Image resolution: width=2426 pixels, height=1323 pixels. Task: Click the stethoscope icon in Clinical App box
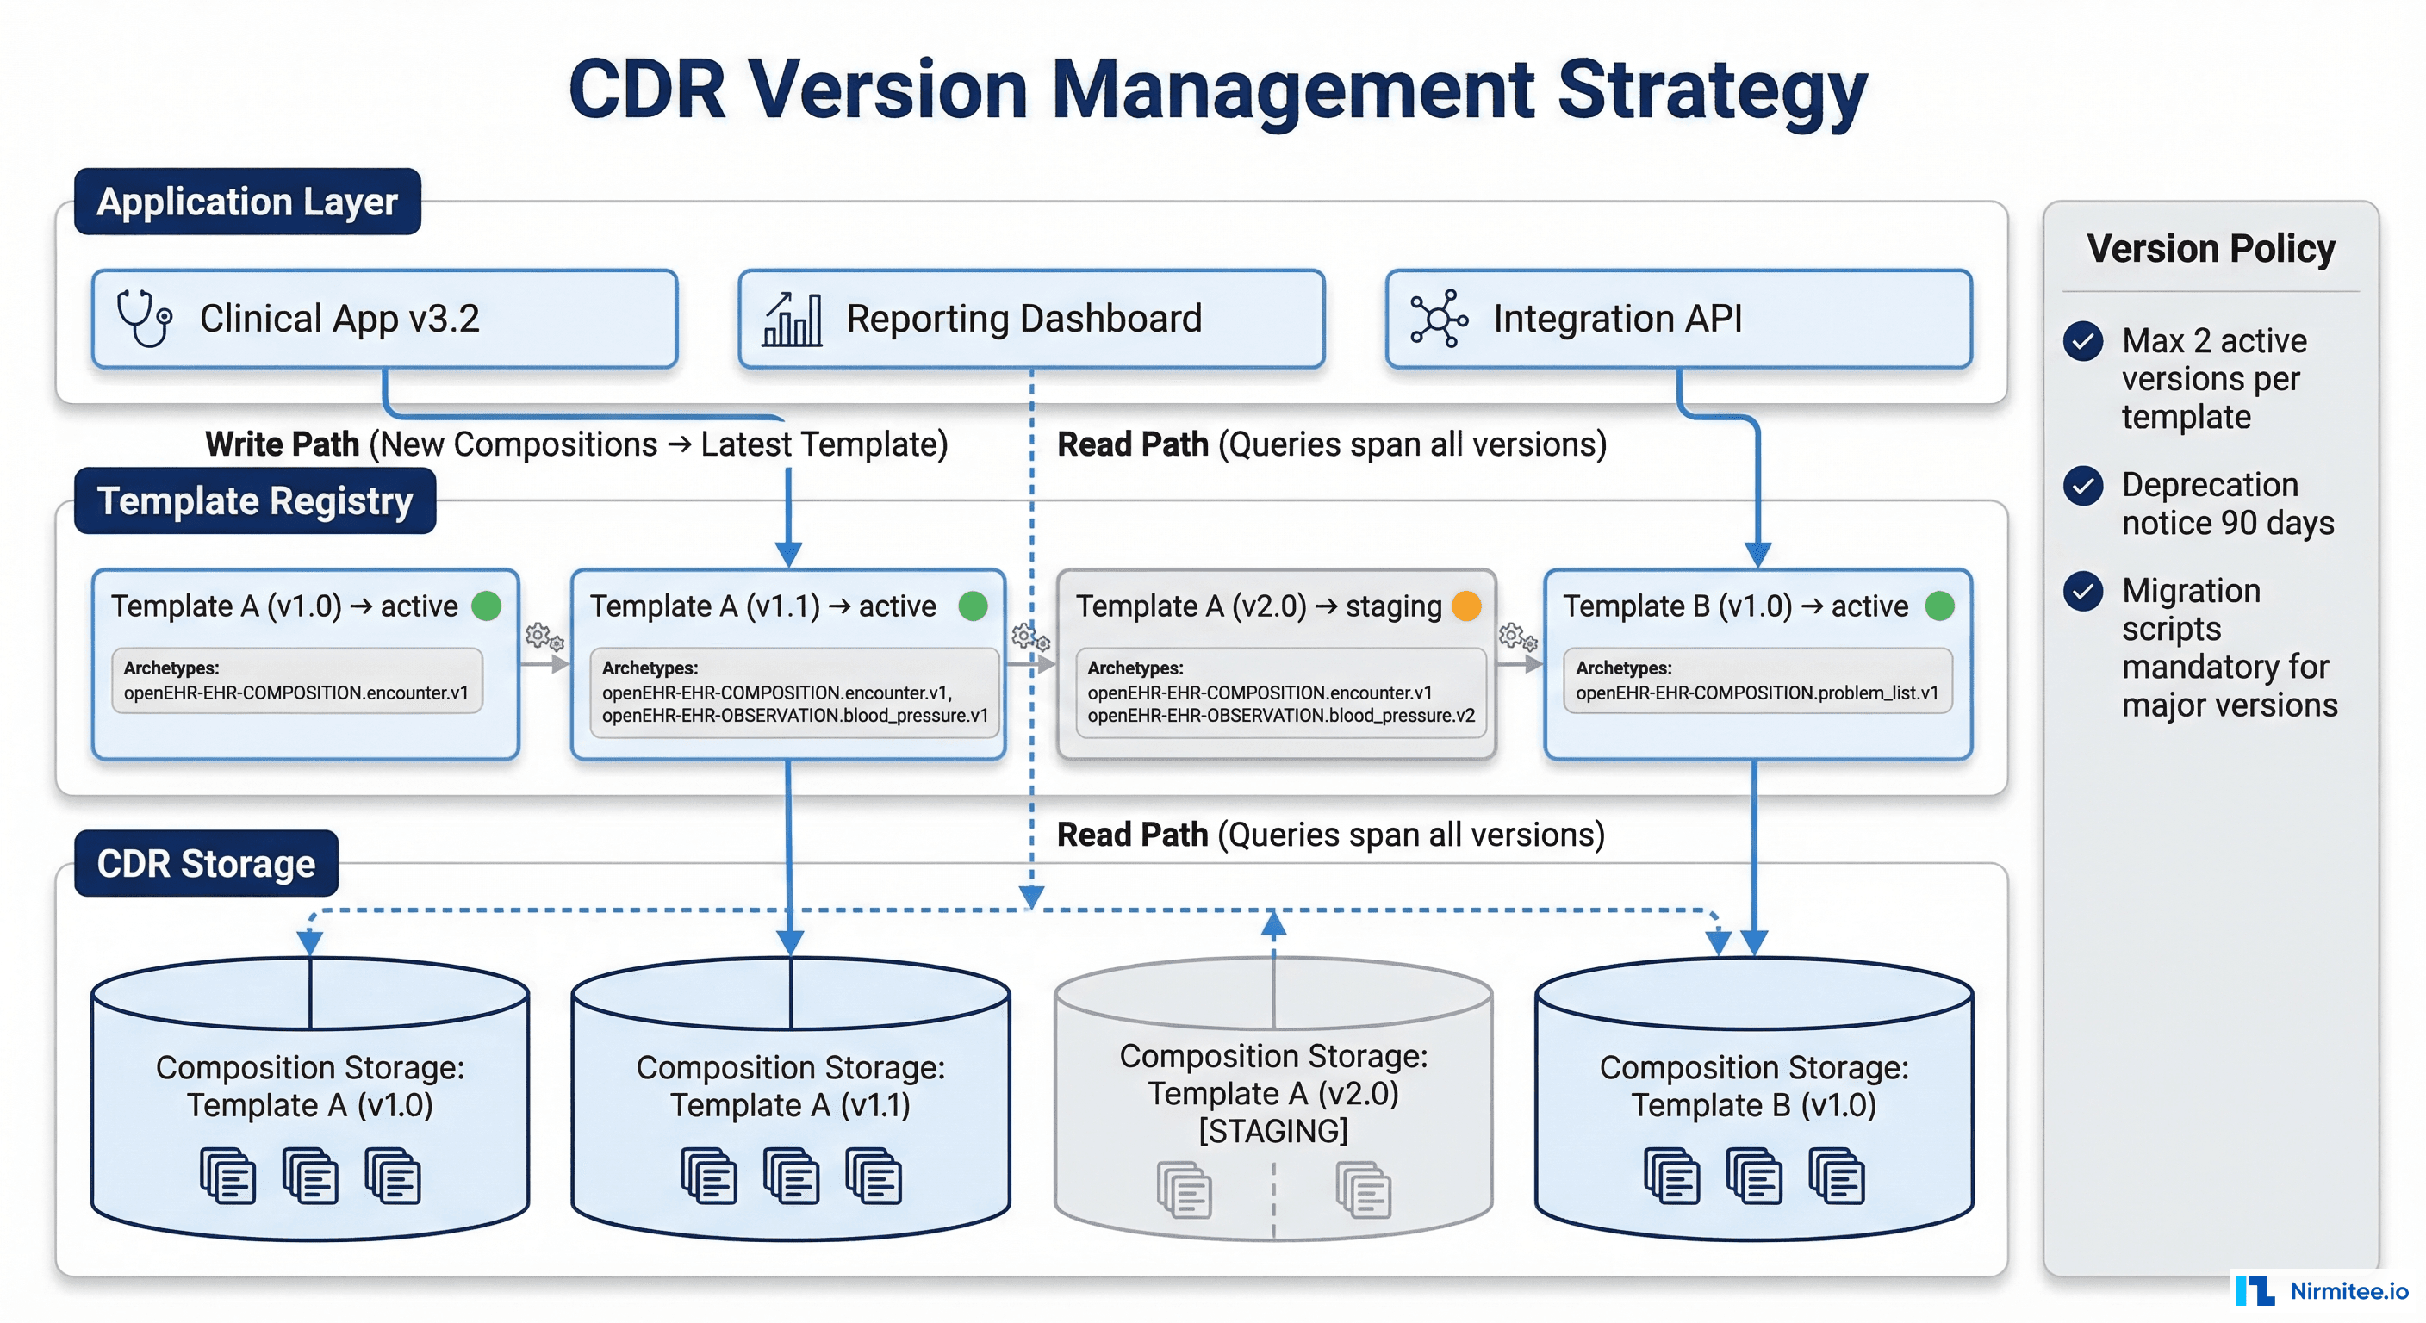144,319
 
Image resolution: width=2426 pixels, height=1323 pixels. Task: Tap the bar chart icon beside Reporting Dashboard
792,320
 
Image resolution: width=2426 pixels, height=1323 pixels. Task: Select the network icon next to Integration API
1438,319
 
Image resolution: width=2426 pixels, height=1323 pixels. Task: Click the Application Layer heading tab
246,202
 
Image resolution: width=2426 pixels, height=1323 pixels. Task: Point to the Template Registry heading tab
254,501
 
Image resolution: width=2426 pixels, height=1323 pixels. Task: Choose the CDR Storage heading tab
205,863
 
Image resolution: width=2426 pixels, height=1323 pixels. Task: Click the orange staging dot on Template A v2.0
1466,606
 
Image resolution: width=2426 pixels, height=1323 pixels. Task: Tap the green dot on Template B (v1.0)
1939,606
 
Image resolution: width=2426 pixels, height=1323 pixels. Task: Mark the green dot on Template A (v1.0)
486,606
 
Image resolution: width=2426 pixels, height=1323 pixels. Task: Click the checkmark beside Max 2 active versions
2082,341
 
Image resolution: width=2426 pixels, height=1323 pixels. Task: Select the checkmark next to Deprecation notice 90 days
2082,485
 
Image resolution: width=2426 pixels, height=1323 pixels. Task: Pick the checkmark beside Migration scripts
2082,592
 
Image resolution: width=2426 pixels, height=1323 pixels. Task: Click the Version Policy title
2211,249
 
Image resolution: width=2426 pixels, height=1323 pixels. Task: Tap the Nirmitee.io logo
2321,1290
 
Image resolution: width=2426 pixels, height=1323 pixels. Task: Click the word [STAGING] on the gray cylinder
1273,1130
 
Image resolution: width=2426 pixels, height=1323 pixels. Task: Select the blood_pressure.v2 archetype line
1281,716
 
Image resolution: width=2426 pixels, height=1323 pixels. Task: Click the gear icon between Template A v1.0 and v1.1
544,637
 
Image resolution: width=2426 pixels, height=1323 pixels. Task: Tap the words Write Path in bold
282,444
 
